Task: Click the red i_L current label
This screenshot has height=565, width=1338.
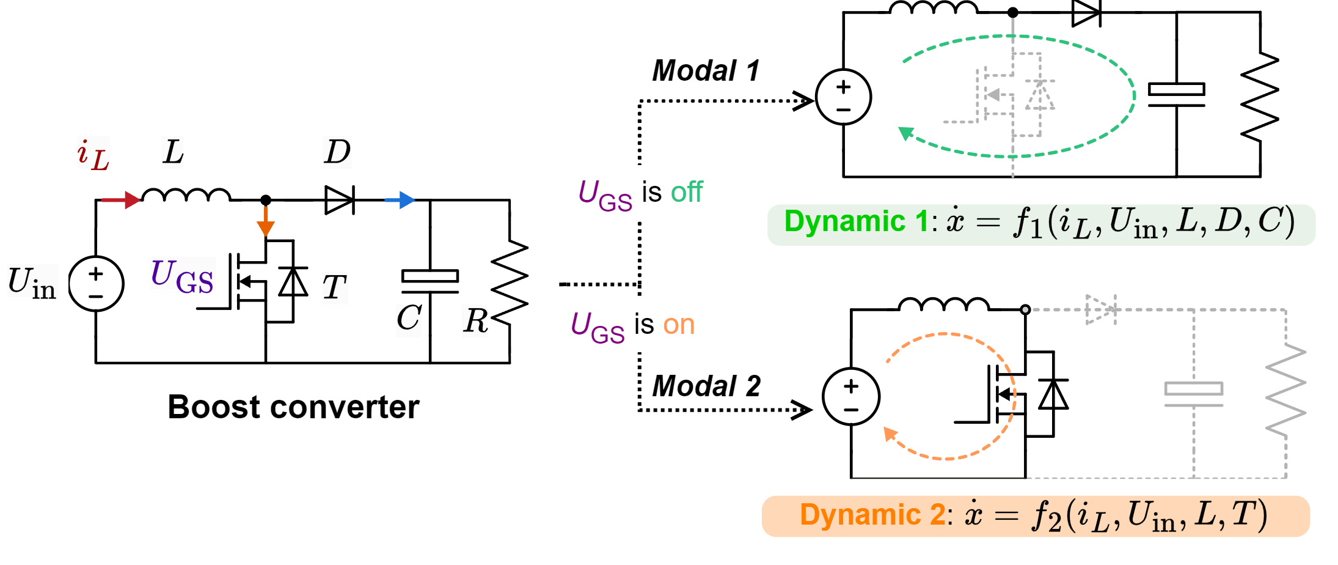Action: (93, 153)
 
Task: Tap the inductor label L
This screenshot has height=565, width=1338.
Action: (172, 152)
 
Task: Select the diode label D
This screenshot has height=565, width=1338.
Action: (337, 152)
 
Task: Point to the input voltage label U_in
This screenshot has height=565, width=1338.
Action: (32, 281)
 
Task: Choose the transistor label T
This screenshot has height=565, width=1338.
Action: (335, 287)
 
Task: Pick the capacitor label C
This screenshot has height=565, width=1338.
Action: (409, 320)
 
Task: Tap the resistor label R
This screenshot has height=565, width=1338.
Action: (475, 320)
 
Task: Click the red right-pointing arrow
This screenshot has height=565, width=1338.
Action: (121, 200)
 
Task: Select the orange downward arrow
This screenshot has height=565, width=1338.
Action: (266, 221)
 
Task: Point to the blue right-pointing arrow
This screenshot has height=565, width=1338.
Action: (400, 200)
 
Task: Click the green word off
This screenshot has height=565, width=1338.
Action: (687, 193)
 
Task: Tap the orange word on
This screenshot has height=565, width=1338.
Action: (679, 325)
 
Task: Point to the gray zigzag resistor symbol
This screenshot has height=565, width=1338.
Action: (1285, 390)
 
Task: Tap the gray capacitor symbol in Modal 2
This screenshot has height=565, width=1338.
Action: (1193, 394)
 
